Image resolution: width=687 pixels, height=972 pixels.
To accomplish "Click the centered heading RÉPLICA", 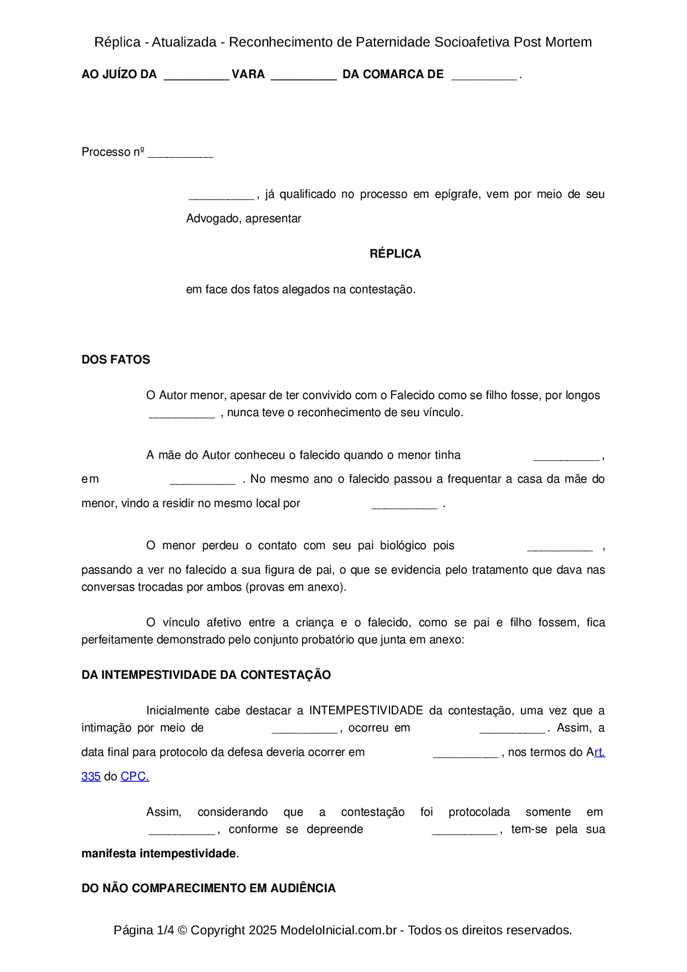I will coord(395,254).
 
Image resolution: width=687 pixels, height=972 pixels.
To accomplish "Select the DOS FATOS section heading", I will coord(116,360).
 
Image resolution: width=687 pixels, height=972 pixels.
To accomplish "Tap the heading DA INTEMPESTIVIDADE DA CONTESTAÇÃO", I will coord(206,675).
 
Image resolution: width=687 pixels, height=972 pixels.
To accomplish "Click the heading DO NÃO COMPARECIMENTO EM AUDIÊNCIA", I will coord(208,888).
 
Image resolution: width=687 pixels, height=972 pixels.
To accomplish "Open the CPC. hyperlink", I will coord(135,776).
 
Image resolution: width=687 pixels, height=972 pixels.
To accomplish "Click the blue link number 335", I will coord(91,776).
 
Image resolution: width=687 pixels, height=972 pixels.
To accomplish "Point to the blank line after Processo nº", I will coord(181,155).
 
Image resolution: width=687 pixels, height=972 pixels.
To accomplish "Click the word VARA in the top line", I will coord(248,74).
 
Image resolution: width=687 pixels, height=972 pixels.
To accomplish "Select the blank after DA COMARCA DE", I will coord(484,78).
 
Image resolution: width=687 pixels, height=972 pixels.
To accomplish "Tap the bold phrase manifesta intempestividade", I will coord(159,853).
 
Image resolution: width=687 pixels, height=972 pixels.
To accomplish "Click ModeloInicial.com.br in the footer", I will coord(339,930).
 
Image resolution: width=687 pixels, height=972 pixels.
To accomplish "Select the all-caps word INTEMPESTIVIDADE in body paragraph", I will coord(366,710).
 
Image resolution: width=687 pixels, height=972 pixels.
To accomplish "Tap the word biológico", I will coord(403,545).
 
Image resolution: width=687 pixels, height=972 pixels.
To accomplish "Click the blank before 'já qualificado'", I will coord(222,197).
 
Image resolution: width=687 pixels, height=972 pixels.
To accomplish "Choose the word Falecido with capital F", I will coord(414,395).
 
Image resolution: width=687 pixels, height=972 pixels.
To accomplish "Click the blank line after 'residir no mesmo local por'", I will coord(404,506).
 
